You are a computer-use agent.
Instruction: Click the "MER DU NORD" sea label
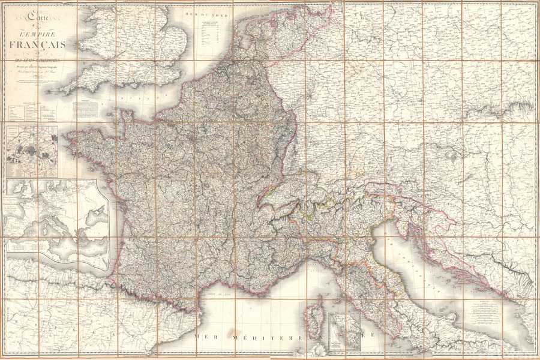[203, 13]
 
